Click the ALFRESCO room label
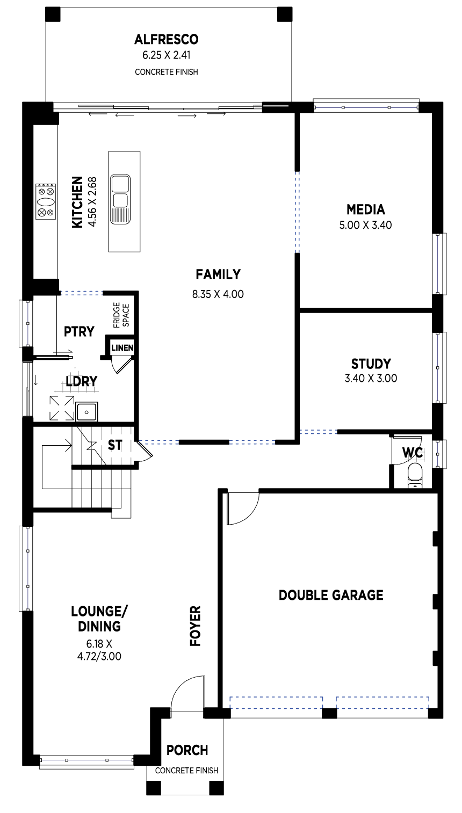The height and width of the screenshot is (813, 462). coord(167,39)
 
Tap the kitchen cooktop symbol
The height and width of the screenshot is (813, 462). coord(46,201)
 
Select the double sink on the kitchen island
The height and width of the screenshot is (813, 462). coord(120,199)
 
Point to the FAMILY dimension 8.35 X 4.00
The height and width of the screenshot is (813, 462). coord(218,294)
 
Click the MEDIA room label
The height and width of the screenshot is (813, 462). coord(365,209)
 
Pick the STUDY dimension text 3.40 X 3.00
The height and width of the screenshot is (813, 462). coord(371,378)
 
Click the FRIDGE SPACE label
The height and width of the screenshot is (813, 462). coord(121,315)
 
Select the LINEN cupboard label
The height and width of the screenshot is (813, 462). coord(122,348)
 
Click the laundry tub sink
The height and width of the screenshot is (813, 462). coord(86,412)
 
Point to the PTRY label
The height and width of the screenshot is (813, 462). coord(79,331)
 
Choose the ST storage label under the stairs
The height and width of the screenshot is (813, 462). coord(115,445)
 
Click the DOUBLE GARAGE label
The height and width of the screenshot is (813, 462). coord(331,595)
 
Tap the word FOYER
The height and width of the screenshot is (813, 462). coord(196,626)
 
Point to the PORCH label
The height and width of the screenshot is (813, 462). coord(187,750)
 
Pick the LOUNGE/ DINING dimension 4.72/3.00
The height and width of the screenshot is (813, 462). coord(99,657)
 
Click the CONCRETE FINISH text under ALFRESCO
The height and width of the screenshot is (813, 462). coord(167,72)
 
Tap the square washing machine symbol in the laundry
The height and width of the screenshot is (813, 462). coord(62,409)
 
